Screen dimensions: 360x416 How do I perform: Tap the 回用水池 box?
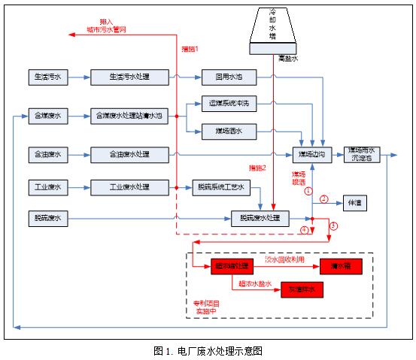(228, 77)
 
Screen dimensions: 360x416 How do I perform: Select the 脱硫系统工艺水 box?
(222, 186)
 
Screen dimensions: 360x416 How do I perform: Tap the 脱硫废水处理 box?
(260, 219)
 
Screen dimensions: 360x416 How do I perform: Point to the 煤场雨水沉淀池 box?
(363, 155)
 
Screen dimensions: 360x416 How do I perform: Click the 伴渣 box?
(353, 203)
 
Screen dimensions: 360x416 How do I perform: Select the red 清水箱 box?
(341, 267)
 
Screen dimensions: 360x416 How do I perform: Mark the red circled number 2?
(324, 199)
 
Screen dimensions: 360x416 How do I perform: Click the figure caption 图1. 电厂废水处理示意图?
(208, 350)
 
